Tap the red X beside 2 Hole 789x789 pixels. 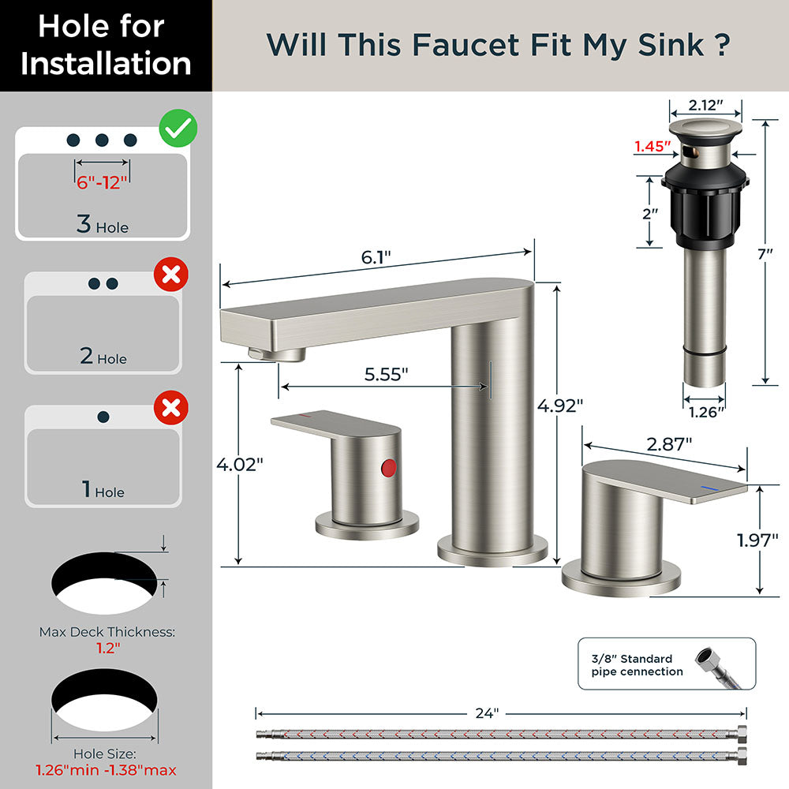pos(170,275)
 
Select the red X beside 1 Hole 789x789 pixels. pos(170,408)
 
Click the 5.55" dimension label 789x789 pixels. pos(387,375)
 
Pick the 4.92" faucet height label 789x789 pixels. pos(560,406)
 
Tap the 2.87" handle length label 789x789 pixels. pos(669,443)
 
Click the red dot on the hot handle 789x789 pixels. pos(387,467)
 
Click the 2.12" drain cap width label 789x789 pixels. pos(705,106)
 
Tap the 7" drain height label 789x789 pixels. pos(765,254)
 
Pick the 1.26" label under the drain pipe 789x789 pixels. pos(705,411)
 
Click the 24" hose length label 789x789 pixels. pos(487,712)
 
